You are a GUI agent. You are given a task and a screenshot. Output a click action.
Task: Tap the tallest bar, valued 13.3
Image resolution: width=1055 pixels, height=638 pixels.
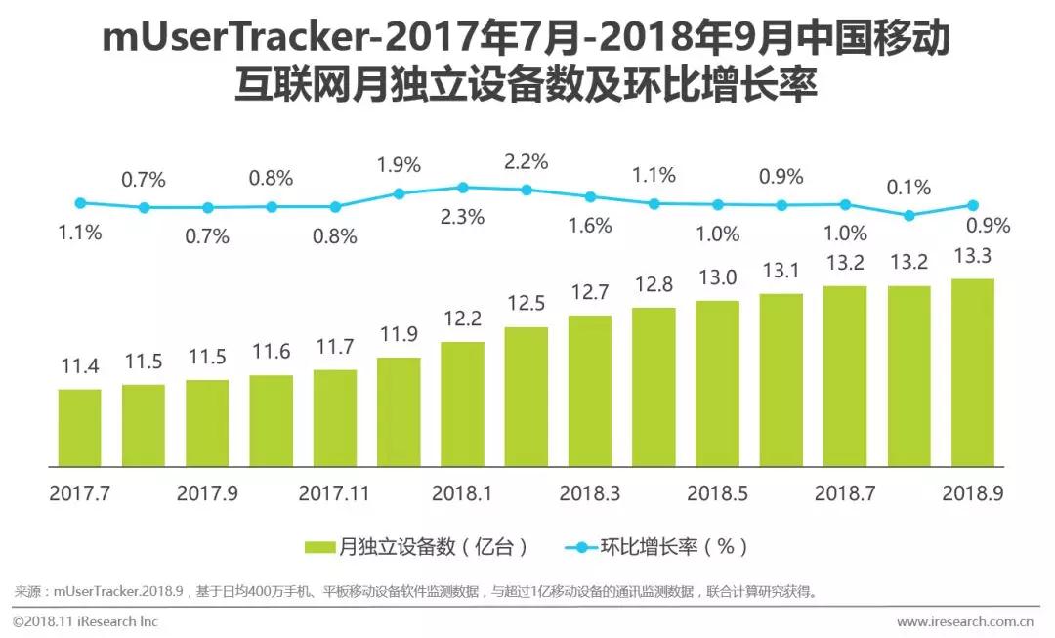point(972,371)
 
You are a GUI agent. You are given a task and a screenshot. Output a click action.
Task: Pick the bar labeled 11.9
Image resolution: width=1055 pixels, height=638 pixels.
point(399,410)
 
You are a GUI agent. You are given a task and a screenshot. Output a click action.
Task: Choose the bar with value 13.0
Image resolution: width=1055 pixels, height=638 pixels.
point(717,382)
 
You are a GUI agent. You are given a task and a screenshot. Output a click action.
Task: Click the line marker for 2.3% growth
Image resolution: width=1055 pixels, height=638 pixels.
point(463,187)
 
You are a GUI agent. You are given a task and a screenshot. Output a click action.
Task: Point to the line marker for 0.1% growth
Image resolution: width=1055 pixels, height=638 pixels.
point(908,215)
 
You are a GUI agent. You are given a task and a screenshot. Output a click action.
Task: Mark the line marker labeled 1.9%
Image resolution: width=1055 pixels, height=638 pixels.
point(399,193)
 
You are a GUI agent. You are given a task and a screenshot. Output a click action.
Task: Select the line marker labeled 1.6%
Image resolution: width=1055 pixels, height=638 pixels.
point(590,196)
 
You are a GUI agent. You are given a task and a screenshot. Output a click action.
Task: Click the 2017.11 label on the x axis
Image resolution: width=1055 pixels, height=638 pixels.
point(335,494)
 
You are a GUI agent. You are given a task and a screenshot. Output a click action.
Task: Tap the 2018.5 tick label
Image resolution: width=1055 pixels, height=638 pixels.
point(717,494)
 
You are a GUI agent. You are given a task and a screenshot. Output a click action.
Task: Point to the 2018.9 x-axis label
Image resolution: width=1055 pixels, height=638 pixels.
point(973,494)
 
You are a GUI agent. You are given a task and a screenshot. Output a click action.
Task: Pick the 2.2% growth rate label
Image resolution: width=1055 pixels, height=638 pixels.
point(526,160)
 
